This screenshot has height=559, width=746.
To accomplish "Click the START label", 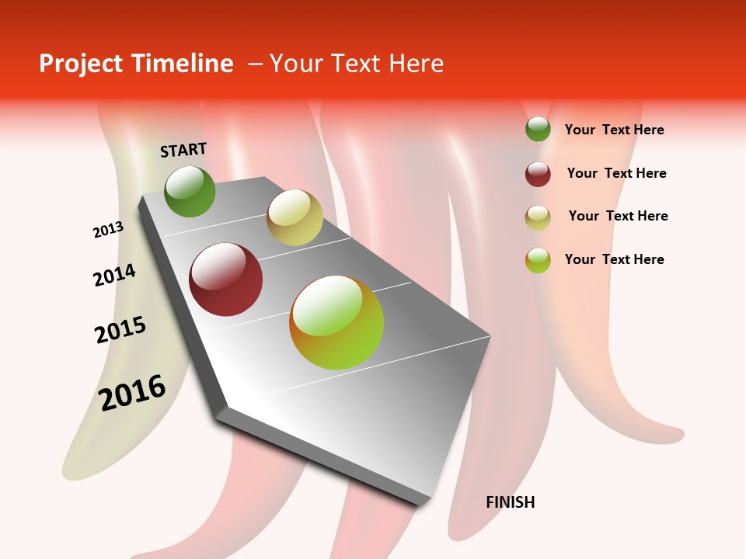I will point(183,150).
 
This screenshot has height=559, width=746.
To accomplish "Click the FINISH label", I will point(511,502).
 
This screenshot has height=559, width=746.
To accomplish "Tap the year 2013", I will point(109,229).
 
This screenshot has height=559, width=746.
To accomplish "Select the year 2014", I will point(114,275).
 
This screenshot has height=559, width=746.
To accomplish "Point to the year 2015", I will point(120,330).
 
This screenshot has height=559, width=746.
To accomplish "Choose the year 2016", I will point(132,392).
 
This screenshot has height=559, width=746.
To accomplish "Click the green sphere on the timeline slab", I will point(190,191).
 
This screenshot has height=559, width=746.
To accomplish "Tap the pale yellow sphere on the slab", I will point(295,217).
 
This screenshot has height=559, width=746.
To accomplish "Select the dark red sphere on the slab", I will point(225,279).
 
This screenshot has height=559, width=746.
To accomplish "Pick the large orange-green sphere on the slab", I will point(336,322).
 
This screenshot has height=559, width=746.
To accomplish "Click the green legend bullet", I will point(538,130).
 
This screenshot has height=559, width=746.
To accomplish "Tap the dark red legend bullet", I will point(538,174).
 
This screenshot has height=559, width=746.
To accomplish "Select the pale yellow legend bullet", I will point(538,217).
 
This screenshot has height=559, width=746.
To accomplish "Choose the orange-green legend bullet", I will point(538,260).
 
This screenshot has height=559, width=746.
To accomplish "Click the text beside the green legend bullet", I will point(615,130).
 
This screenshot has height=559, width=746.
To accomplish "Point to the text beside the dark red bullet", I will point(617,173).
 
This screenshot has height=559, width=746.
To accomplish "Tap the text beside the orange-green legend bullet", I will point(615,259).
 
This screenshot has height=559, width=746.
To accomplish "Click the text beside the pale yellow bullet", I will point(619,216).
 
